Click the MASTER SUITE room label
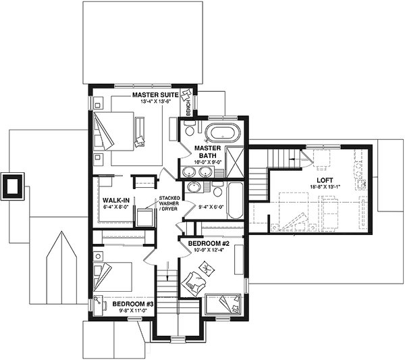click(x=155, y=95)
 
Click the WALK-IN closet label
click(x=116, y=201)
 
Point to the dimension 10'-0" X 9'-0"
click(x=206, y=162)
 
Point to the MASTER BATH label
click(x=205, y=151)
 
